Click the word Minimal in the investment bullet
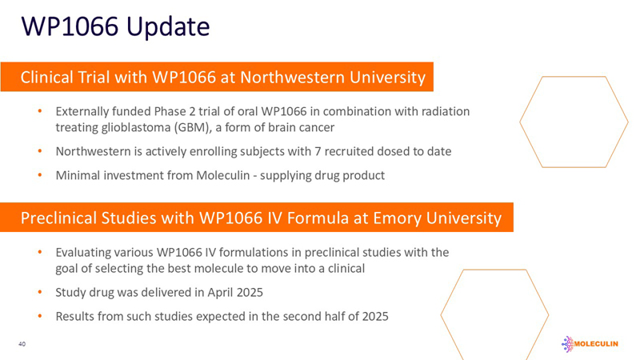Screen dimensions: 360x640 (79, 175)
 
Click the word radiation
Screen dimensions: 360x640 (445, 110)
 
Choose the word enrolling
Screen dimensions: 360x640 (199, 151)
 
